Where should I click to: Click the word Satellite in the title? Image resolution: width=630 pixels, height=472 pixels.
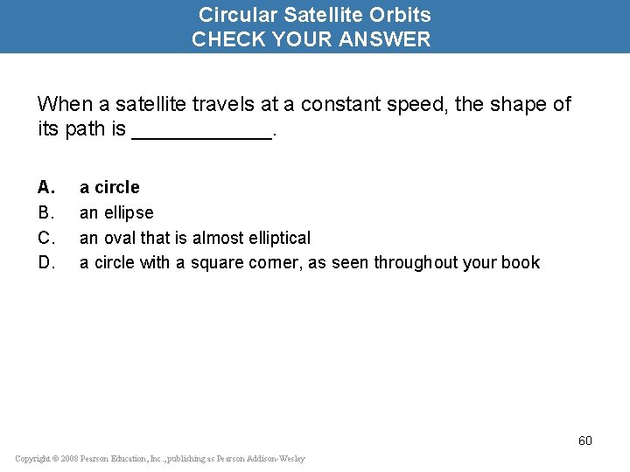click(x=319, y=15)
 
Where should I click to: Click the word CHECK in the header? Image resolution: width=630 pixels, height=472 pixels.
click(x=226, y=39)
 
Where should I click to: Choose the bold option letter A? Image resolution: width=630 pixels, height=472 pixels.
click(x=46, y=187)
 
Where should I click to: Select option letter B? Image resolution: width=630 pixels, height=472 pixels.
click(x=46, y=212)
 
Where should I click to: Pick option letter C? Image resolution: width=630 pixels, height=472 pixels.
click(x=46, y=238)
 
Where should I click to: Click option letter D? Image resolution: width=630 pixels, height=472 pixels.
click(x=46, y=262)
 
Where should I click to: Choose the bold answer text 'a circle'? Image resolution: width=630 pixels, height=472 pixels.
click(x=109, y=187)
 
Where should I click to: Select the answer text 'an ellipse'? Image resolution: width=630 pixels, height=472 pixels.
click(x=116, y=212)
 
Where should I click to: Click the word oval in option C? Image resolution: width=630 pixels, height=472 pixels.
click(x=120, y=238)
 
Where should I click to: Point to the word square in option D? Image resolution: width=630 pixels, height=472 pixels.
click(x=214, y=263)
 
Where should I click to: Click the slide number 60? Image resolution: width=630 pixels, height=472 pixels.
click(x=584, y=441)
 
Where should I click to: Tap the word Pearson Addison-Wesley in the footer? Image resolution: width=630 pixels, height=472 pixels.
click(x=262, y=459)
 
